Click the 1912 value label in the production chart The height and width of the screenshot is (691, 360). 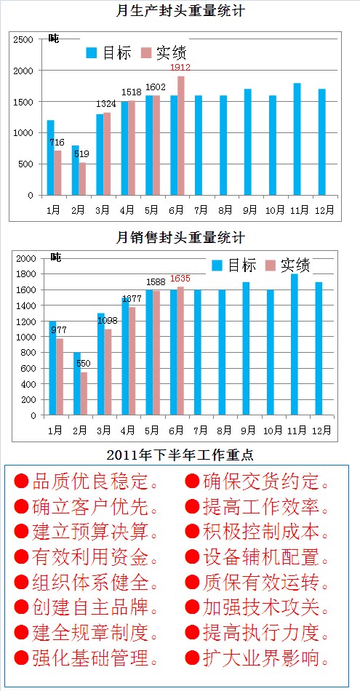180,67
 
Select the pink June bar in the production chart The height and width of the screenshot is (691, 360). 180,136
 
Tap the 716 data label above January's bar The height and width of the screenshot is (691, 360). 57,143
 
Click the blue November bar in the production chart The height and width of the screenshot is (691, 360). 297,139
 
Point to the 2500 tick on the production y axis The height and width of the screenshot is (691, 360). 23,39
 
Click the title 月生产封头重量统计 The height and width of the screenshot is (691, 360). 180,10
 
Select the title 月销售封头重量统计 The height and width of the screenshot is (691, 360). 180,238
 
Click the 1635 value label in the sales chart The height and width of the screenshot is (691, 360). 180,279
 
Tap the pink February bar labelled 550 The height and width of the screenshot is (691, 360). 84,394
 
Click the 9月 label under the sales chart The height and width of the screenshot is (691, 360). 249,429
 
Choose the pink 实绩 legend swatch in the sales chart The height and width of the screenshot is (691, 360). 271,265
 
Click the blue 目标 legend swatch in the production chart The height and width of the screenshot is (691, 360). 92,53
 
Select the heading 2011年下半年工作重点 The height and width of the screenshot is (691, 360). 180,455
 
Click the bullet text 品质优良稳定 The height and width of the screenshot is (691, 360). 90,482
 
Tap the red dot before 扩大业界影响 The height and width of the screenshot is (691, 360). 192,658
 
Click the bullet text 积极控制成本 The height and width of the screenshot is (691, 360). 261,532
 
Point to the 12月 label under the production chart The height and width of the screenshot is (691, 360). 324,209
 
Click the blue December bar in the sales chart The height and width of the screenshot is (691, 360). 319,348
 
